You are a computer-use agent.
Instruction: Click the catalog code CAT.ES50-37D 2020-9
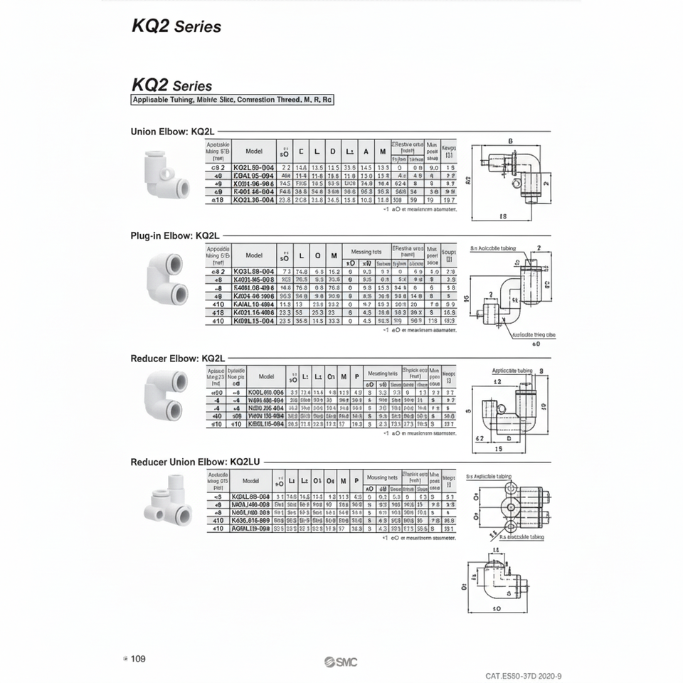(x=528, y=676)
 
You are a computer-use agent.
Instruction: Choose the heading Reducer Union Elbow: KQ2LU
(x=196, y=462)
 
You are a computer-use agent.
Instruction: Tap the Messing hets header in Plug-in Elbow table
(x=366, y=252)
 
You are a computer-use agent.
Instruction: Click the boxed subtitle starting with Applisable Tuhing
(x=232, y=100)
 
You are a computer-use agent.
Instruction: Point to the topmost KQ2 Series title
(x=176, y=27)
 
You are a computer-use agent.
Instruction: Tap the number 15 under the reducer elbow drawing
(x=499, y=449)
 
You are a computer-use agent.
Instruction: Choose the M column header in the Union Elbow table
(x=382, y=151)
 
